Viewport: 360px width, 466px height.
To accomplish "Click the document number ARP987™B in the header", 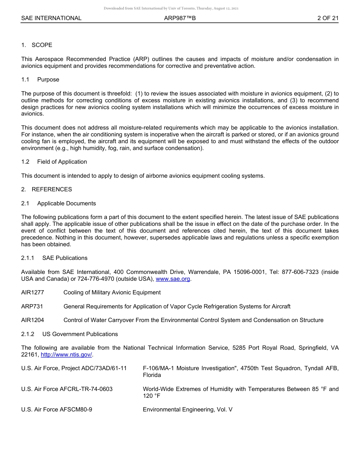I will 180,18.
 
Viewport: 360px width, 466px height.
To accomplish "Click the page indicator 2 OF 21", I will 328,18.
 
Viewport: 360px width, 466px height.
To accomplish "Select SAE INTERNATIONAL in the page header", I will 51,18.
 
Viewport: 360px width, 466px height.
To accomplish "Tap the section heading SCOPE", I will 42,45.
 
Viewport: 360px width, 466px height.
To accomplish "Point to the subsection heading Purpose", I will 48,80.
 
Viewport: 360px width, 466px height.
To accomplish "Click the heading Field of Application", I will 62,162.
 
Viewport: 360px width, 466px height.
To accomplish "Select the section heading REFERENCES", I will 52,189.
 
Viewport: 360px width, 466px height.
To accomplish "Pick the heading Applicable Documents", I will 66,203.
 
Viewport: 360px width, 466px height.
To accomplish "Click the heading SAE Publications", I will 65,258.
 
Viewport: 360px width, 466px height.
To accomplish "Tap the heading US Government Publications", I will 80,334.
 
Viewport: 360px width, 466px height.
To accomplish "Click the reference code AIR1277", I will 33,292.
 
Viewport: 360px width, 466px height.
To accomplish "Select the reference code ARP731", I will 32,306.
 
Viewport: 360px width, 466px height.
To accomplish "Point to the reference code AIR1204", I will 33,320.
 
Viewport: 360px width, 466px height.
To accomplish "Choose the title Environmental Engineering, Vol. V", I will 188,410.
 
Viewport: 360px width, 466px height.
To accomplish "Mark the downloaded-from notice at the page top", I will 171,8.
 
